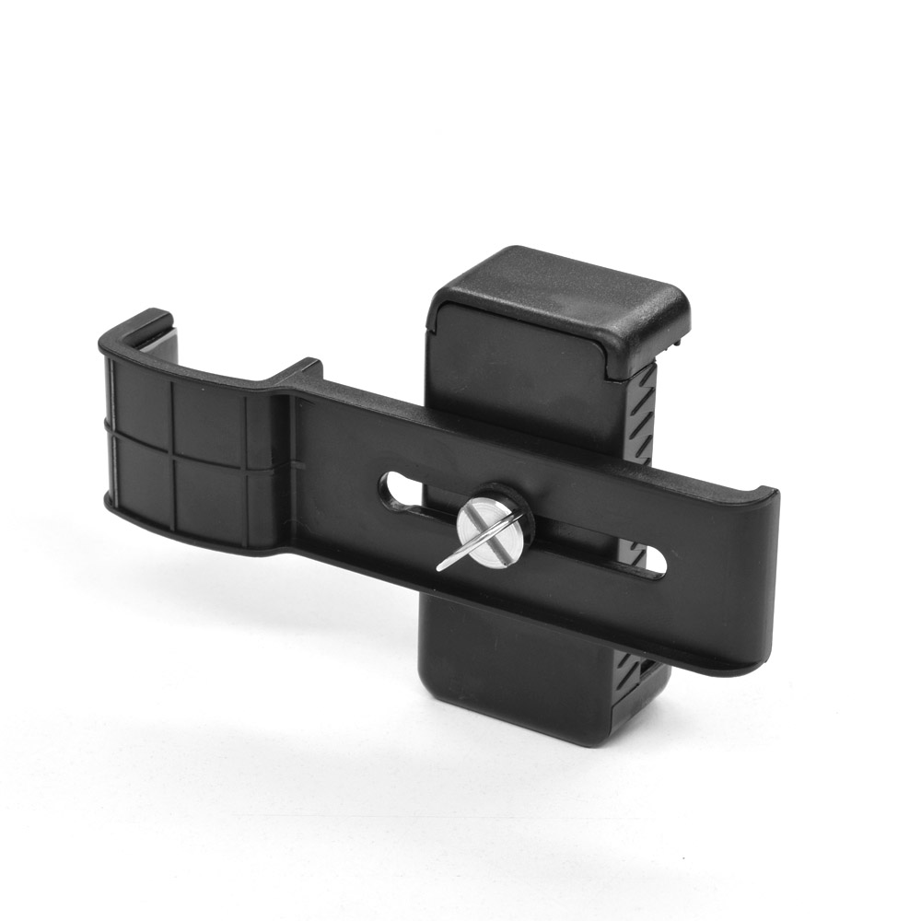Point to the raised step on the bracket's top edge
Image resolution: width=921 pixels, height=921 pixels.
coord(299,373)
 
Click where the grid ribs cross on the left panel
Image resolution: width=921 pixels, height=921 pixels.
coord(172,450)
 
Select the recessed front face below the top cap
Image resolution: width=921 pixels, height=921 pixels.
coord(516,368)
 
